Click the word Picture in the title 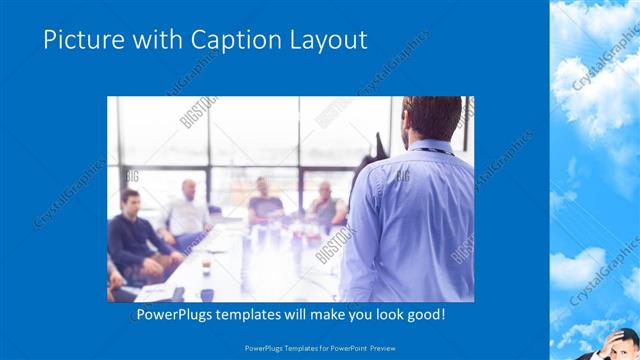(81, 40)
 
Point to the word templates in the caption (255, 315)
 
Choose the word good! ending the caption (424, 315)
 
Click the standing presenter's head (431, 117)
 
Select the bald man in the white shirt (187, 209)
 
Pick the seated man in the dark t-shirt (265, 200)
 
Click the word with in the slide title (146, 40)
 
